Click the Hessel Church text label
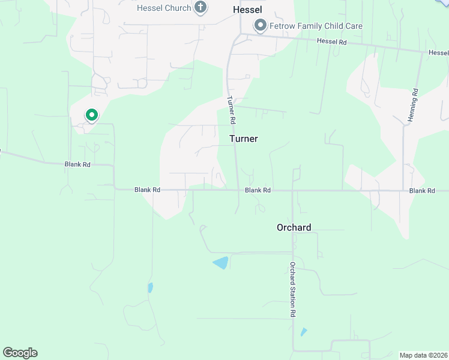(164, 8)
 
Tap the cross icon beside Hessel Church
(200, 8)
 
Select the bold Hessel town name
(248, 10)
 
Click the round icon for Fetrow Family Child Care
(260, 25)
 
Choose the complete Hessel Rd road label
(332, 42)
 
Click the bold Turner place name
(244, 139)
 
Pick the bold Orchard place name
(294, 227)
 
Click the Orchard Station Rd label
(293, 289)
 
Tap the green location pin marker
(91, 115)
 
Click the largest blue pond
(221, 262)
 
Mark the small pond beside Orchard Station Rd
(304, 332)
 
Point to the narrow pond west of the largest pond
(150, 287)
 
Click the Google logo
(20, 353)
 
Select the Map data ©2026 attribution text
(423, 355)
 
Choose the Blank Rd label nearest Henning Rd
(421, 191)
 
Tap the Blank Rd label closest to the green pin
(77, 164)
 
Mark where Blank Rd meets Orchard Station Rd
(292, 191)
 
